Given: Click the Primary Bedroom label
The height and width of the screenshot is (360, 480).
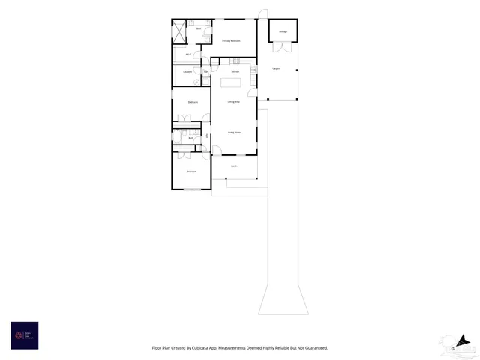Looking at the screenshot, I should click(x=231, y=40).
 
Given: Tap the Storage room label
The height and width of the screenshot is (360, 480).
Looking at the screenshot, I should click(x=283, y=31).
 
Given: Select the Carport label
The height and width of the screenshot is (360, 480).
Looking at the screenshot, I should click(x=276, y=68).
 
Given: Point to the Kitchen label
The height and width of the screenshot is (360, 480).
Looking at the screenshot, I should click(x=235, y=71).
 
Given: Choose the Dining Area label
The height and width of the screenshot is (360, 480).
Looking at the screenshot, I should click(x=233, y=101).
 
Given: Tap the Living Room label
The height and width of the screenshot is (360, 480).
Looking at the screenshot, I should click(x=234, y=132).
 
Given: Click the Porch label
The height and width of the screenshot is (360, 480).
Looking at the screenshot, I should click(x=234, y=166).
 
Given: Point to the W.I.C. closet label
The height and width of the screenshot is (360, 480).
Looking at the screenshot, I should click(x=187, y=55).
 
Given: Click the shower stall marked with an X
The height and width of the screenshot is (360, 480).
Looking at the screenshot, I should click(x=179, y=31).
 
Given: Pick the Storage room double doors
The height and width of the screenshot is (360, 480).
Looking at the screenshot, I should click(x=281, y=47).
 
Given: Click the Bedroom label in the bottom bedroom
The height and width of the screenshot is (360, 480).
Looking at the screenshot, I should click(x=191, y=172).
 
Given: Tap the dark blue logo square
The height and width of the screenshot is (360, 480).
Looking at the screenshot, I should click(x=25, y=335).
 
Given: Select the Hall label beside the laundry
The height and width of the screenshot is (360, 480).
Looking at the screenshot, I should click(x=205, y=72).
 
